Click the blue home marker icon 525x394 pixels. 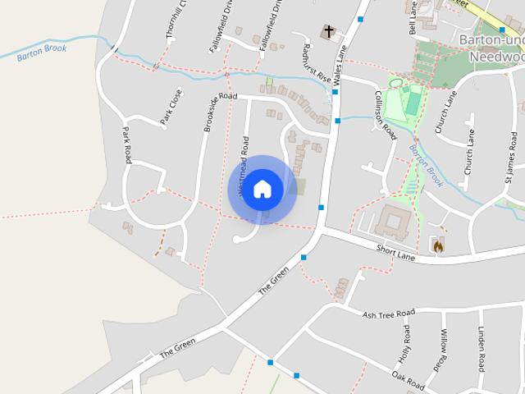click(x=262, y=189)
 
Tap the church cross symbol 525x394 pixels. click(x=329, y=32)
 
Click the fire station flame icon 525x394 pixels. click(x=438, y=245)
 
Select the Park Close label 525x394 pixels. click(x=171, y=108)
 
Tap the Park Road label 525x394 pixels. click(x=126, y=145)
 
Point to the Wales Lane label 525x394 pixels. click(x=339, y=62)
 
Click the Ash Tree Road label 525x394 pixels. click(x=389, y=313)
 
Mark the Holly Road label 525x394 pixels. click(x=405, y=345)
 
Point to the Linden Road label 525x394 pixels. click(x=482, y=348)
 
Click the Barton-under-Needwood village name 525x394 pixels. click(x=491, y=48)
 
